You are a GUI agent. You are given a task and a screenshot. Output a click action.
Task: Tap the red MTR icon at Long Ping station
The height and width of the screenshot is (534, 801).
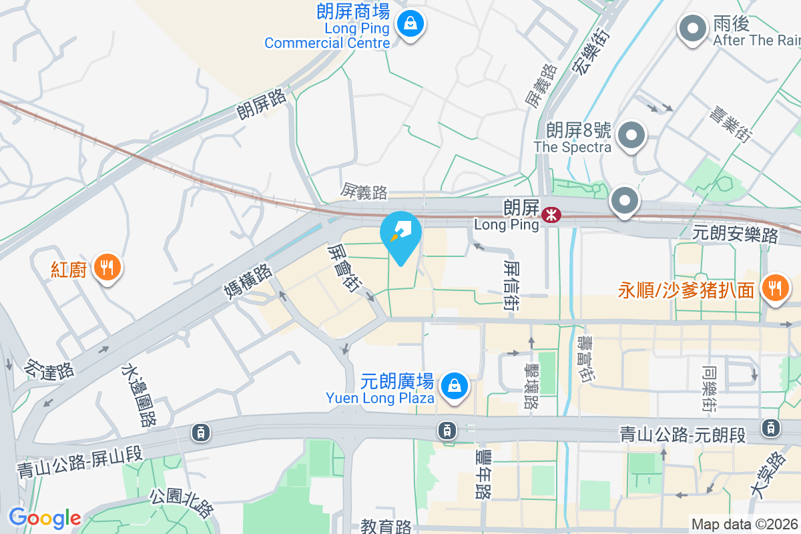551,215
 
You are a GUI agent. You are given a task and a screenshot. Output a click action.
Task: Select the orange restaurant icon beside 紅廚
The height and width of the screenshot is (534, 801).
106,268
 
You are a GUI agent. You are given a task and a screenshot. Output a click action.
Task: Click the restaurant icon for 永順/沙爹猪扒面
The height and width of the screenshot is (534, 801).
775,288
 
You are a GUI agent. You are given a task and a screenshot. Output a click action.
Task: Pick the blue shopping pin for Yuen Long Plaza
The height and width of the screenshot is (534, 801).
454,386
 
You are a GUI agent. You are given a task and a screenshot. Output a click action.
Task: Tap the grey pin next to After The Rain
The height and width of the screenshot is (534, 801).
693,29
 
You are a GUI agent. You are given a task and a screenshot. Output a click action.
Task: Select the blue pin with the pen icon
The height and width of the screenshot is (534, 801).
400,236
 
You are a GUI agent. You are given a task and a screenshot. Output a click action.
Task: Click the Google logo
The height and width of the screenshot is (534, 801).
45,517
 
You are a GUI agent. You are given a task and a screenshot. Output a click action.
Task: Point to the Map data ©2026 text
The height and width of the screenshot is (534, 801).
744,525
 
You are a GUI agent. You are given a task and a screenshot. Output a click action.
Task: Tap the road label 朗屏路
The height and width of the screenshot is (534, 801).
262,104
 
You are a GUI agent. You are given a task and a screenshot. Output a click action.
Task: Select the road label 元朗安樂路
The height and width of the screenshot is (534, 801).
736,234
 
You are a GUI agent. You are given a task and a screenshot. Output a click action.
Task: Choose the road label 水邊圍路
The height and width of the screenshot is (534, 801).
139,395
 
